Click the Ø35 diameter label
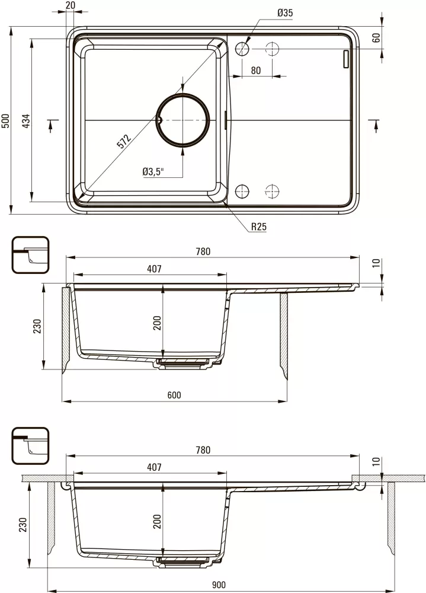[284, 13]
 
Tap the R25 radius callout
[259, 227]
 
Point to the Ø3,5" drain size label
[153, 172]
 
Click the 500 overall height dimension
[6, 120]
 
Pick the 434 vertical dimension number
[25, 120]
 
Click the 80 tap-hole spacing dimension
[256, 71]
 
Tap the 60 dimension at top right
[376, 37]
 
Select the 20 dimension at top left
[71, 5]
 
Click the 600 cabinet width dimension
[174, 395]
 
